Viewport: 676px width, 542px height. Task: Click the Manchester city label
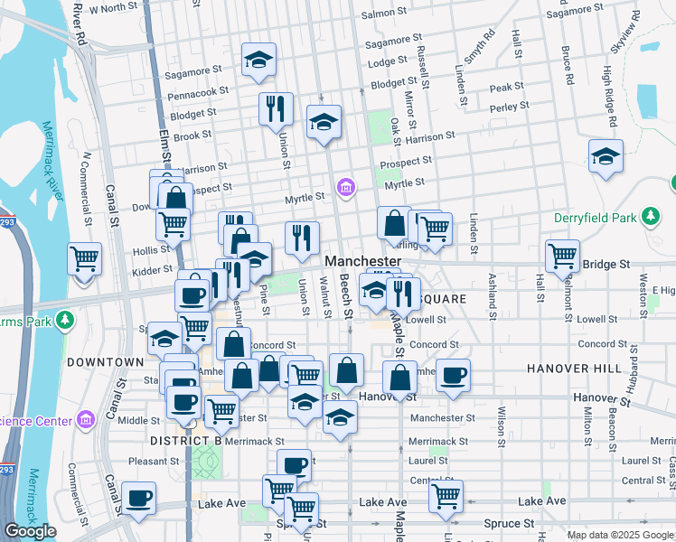[362, 261]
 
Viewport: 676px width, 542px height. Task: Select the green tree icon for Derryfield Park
[649, 216]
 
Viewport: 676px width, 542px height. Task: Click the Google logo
[30, 531]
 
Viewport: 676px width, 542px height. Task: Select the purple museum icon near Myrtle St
[343, 188]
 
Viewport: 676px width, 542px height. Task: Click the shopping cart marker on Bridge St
[562, 256]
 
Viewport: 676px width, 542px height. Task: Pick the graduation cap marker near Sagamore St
[259, 60]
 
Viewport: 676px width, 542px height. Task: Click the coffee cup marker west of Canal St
[138, 498]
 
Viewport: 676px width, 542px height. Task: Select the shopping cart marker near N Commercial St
[85, 259]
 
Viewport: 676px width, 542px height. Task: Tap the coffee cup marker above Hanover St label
[454, 375]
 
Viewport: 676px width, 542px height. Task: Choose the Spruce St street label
[509, 523]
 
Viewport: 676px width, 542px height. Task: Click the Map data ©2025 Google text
[619, 535]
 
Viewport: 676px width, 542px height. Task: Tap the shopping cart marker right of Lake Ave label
[446, 496]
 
